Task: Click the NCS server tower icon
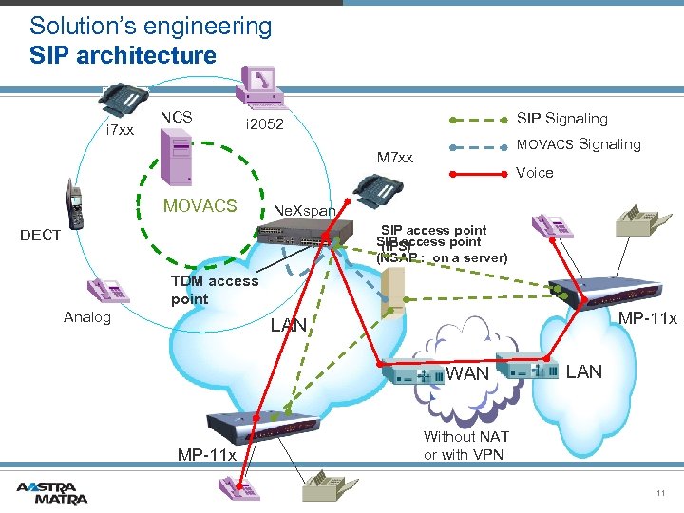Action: [177, 156]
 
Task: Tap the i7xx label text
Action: [120, 129]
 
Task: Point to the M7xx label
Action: [395, 156]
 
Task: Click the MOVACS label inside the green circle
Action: [200, 206]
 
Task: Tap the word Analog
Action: [87, 317]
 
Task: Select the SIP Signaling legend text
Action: [561, 119]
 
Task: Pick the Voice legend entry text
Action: [534, 173]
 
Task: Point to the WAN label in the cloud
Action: [467, 373]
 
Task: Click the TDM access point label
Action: [214, 289]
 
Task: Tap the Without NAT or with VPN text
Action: [465, 445]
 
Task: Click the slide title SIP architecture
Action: [123, 55]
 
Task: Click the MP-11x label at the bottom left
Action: [207, 454]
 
